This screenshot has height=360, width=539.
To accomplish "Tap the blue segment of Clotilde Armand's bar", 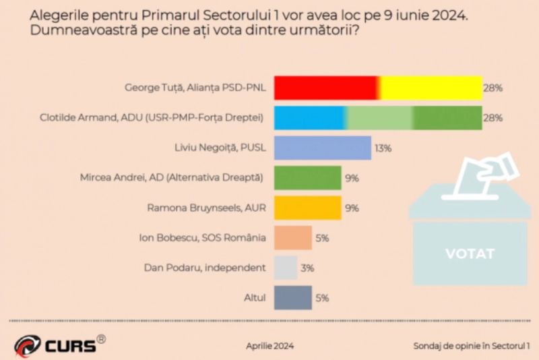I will (x=310, y=118).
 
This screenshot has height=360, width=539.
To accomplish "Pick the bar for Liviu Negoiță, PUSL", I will (x=323, y=148).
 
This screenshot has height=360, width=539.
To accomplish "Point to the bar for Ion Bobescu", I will (x=293, y=237).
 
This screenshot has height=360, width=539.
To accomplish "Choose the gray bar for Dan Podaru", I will (x=286, y=268).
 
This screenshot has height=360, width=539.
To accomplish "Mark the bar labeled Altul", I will (x=293, y=297).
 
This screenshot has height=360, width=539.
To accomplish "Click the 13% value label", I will (x=383, y=148).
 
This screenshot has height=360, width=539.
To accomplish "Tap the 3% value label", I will (x=307, y=268).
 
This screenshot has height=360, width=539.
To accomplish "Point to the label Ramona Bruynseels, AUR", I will (x=206, y=208).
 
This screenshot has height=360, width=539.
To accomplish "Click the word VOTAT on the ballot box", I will (x=470, y=254).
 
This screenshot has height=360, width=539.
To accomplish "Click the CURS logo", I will (x=60, y=344).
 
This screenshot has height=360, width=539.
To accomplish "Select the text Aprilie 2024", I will (x=269, y=346).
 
